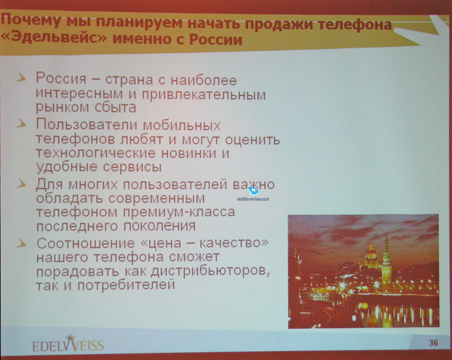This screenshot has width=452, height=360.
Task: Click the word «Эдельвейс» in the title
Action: pyautogui.click(x=54, y=38)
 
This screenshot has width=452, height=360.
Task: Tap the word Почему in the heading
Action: pyautogui.click(x=31, y=21)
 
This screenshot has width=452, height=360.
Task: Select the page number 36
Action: pyautogui.click(x=433, y=342)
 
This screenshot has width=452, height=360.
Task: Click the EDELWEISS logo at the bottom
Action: pyautogui.click(x=68, y=344)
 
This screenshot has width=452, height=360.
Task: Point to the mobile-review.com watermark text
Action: pyautogui.click(x=253, y=199)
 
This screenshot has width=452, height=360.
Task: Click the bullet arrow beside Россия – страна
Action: pyautogui.click(x=21, y=78)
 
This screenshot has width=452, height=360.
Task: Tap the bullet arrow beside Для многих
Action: pyautogui.click(x=21, y=184)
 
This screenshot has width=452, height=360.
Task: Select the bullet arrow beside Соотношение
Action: pyautogui.click(x=21, y=244)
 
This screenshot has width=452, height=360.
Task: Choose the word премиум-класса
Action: pyautogui.click(x=179, y=213)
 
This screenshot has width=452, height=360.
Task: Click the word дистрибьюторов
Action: pyautogui.click(x=210, y=271)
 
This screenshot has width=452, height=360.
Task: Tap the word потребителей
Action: pyautogui.click(x=126, y=285)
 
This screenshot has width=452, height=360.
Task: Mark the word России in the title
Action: pyautogui.click(x=215, y=39)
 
